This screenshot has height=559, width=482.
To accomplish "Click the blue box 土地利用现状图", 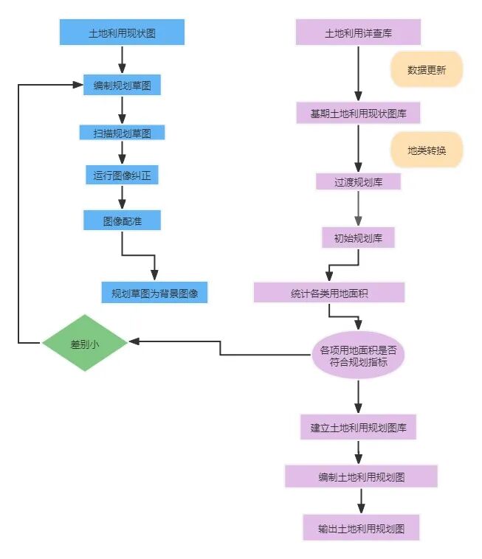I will click(x=122, y=33).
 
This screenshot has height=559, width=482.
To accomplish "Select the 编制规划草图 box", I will click(x=122, y=86).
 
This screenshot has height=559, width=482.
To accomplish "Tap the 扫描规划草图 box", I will click(x=122, y=133).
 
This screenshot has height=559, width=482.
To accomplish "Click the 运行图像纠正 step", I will click(x=122, y=176).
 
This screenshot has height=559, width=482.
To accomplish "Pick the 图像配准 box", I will click(x=122, y=220).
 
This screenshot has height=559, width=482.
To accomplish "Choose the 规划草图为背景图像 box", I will click(x=154, y=293).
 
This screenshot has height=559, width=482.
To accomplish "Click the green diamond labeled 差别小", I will click(x=85, y=343).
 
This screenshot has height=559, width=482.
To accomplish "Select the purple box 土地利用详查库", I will click(x=358, y=33).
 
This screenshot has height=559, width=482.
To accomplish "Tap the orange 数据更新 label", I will click(x=426, y=69).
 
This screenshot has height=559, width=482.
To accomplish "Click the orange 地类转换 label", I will click(x=426, y=150).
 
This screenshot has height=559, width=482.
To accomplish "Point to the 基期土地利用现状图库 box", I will click(x=358, y=114).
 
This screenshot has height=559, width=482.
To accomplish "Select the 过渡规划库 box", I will click(x=358, y=181).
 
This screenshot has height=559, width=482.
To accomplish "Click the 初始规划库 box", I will click(x=358, y=237).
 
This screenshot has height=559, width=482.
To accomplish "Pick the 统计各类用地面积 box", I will click(x=329, y=293).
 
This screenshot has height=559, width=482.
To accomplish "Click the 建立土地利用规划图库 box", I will click(x=358, y=427).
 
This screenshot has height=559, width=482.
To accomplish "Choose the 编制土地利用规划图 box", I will click(x=361, y=476).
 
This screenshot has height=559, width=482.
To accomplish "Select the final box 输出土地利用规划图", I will click(x=361, y=528).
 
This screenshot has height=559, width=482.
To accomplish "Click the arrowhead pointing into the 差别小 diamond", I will click(x=134, y=341).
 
